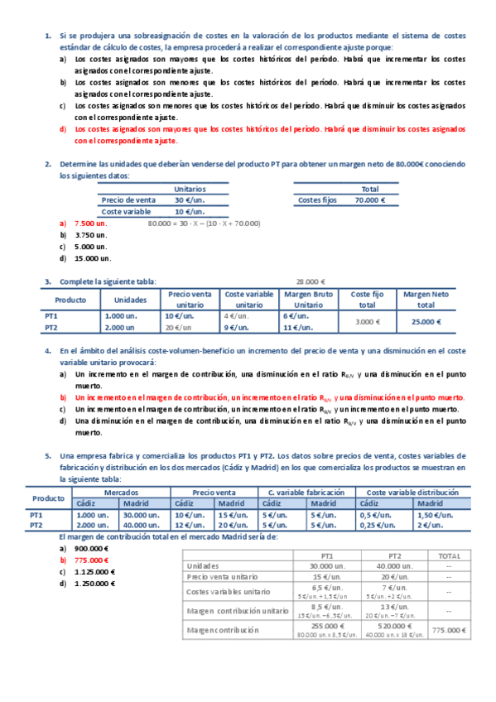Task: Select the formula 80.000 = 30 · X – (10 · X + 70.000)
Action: tap(204, 224)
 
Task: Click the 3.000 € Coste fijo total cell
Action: tap(368, 321)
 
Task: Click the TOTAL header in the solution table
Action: tap(448, 556)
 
